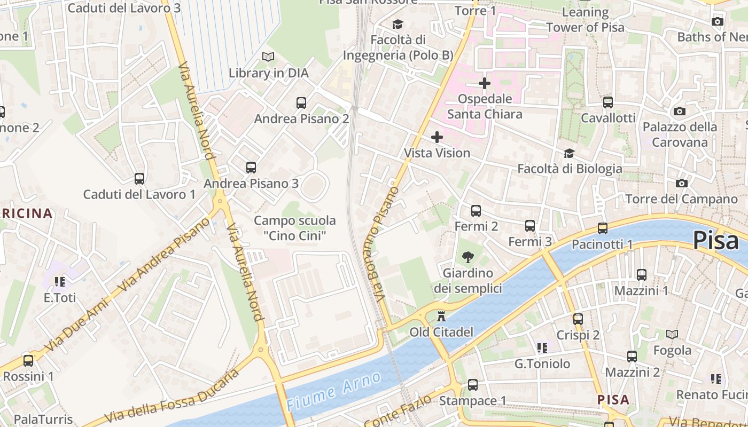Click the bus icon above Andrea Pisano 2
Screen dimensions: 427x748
pos(301,102)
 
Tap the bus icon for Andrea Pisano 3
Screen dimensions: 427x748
pos(251,168)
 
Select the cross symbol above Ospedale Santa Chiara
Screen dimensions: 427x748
pos(485,83)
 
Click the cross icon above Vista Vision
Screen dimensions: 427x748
pos(437,137)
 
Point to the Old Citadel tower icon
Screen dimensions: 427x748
pos(441,317)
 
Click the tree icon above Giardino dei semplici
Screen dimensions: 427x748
pos(468,257)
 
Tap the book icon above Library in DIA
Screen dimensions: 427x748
pos(268,57)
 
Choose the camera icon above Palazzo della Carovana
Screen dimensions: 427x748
pos(680,111)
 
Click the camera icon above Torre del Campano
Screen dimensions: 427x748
pos(682,183)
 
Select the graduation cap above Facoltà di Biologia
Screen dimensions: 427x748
pos(570,153)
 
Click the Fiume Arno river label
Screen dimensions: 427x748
pos(334,391)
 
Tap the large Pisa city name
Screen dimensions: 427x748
pos(716,241)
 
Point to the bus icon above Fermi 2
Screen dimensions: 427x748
pos(476,211)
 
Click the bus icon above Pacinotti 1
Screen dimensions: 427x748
pos(603,228)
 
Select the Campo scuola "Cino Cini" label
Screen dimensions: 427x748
pos(295,228)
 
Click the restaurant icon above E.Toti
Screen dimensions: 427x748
pos(59,281)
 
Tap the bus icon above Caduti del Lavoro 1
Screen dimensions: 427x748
pos(139,179)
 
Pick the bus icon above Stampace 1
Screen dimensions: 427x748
pos(473,384)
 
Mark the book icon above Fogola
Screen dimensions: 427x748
pos(672,334)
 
